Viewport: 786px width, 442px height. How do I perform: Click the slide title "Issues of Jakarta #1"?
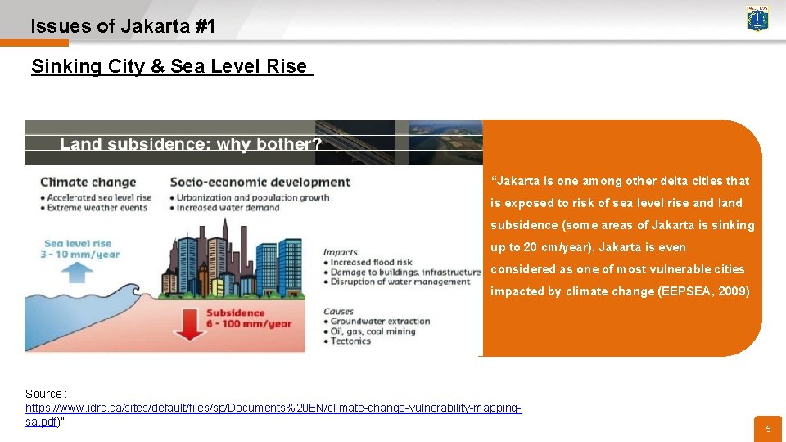pyautogui.click(x=123, y=26)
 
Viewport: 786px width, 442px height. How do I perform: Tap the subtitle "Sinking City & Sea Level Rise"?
pyautogui.click(x=169, y=66)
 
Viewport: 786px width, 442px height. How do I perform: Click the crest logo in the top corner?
pyautogui.click(x=757, y=18)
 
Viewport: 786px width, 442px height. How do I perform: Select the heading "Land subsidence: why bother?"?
pyautogui.click(x=191, y=145)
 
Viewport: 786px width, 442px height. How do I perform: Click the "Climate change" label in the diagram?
pyautogui.click(x=88, y=182)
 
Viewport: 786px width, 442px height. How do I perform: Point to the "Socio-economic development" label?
pyautogui.click(x=260, y=182)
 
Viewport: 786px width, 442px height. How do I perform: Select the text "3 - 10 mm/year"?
pyautogui.click(x=82, y=254)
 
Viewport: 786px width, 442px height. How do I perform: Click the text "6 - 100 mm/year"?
pyautogui.click(x=250, y=323)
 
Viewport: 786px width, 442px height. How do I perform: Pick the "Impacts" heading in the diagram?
pyautogui.click(x=340, y=252)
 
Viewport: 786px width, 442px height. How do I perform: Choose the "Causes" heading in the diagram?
pyautogui.click(x=338, y=311)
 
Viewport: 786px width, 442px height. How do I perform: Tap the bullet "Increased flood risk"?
pyautogui.click(x=372, y=262)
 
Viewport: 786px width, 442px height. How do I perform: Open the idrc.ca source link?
pyautogui.click(x=273, y=408)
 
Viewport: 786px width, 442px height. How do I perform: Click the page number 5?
pyautogui.click(x=768, y=429)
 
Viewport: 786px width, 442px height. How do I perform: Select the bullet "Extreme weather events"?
pyautogui.click(x=97, y=207)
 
